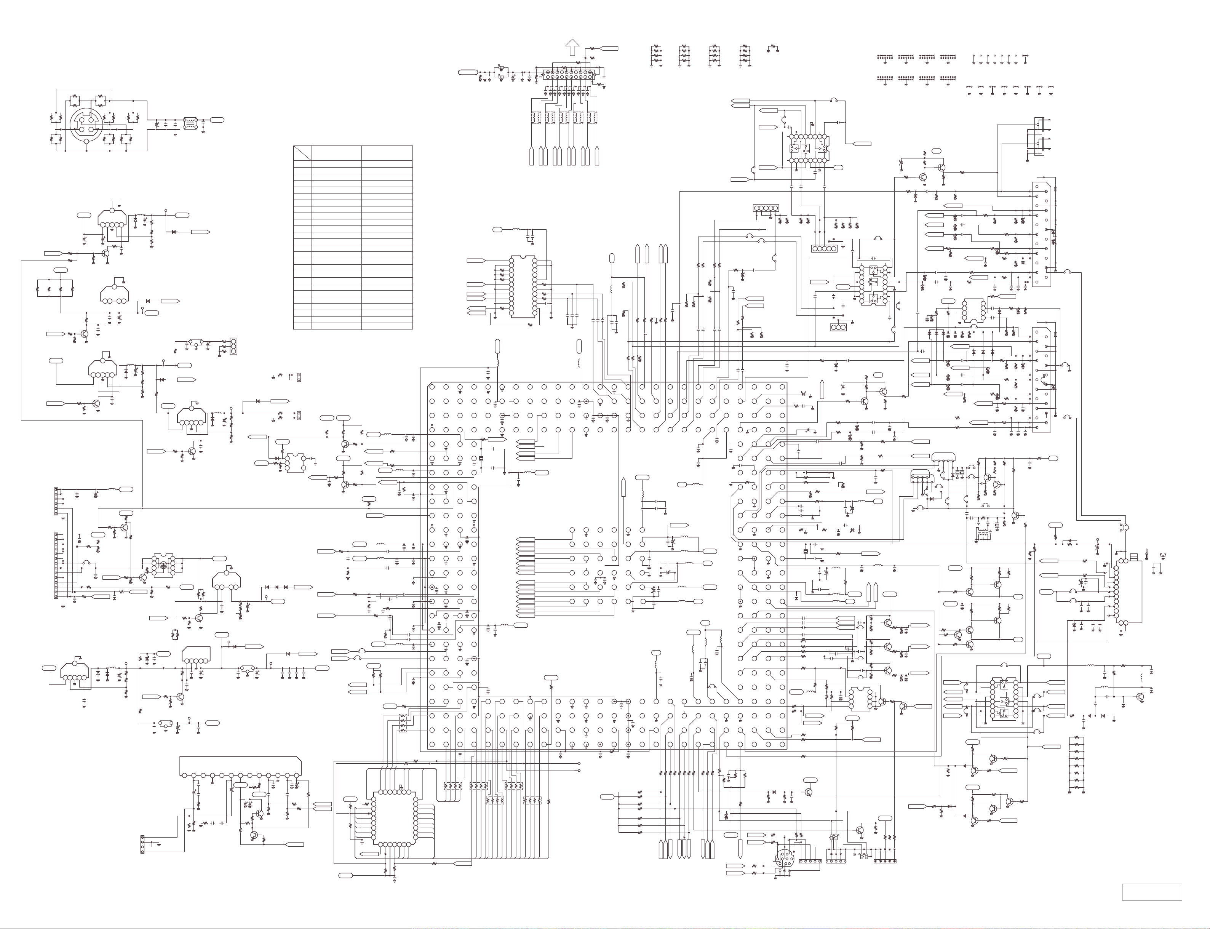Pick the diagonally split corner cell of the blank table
point(302,153)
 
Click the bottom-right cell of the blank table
point(387,325)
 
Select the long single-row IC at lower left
point(241,766)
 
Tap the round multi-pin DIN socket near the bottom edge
point(783,860)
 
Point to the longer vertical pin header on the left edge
point(56,565)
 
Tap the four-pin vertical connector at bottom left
point(143,844)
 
